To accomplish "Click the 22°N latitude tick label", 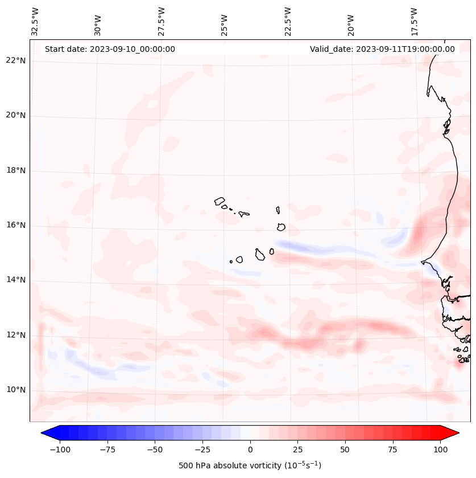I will click(15, 60).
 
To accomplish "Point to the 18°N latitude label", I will click(15, 170).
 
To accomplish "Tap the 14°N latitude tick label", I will click(15, 280).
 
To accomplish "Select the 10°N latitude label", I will click(15, 390).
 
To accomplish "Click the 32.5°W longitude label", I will click(35, 21).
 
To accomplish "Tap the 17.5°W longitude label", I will click(414, 21).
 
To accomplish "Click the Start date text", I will click(110, 49).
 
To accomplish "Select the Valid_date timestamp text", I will click(382, 49).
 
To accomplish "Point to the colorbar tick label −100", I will click(60, 450).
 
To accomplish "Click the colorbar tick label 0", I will click(250, 450).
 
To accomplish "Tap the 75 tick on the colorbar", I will click(393, 450).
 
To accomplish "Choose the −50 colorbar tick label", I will click(155, 450).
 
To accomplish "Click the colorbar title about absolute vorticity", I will click(250, 465).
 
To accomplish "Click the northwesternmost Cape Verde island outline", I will click(220, 201).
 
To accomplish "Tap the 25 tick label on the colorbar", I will click(297, 450).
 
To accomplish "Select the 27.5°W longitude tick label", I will click(162, 21).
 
